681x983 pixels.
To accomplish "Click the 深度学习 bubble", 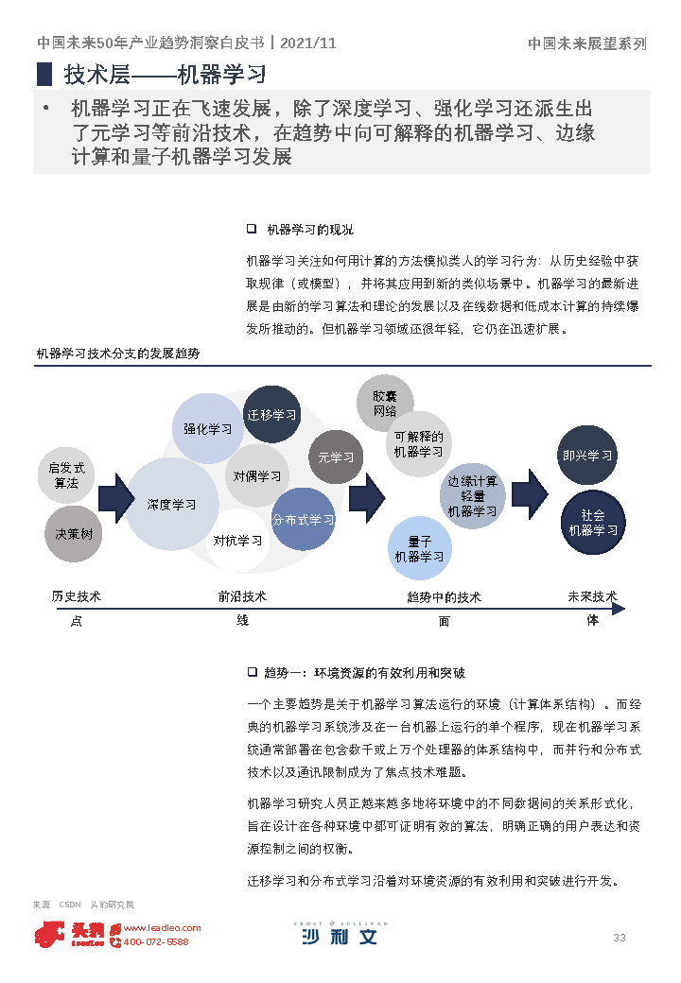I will [172, 505].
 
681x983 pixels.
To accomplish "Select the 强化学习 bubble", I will [208, 429].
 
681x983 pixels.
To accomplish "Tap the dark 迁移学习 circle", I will [271, 415].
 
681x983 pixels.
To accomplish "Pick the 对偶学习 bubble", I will [257, 476].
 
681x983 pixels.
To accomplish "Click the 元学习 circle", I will [336, 457].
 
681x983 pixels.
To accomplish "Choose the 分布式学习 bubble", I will [303, 520].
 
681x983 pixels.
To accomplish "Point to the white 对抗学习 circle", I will [237, 541].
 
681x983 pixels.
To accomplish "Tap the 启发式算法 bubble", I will [66, 475].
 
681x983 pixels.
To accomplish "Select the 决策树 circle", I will [73, 534].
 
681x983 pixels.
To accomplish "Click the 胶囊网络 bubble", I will [385, 403].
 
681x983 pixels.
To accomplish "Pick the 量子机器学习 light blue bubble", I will [419, 549].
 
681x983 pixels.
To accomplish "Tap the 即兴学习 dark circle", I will [587, 456].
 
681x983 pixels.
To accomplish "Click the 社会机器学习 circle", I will [593, 523].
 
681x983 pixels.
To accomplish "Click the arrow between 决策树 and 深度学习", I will [115, 497].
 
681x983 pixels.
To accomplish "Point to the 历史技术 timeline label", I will [77, 596].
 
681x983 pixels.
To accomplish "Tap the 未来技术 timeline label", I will [592, 596].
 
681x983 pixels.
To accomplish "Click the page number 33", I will [620, 938].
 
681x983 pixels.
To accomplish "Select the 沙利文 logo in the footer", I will [340, 935].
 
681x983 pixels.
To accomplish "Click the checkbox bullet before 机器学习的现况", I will [252, 229].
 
